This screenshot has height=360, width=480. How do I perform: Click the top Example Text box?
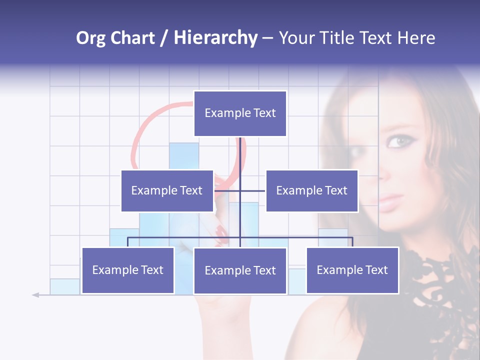[x=240, y=113]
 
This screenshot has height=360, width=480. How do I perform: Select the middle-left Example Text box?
[x=167, y=190]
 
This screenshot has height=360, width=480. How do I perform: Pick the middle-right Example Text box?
[x=311, y=190]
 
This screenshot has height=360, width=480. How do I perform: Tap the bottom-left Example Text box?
[x=128, y=270]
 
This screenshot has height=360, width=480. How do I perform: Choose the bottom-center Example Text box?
[x=240, y=270]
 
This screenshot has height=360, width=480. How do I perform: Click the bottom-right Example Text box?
[x=352, y=270]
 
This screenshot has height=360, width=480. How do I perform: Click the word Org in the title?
[x=91, y=38]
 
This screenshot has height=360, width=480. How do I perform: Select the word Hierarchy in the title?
[x=215, y=38]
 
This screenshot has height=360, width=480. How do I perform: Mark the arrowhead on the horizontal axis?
[x=35, y=295]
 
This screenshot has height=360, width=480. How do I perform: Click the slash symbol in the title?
[x=164, y=38]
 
